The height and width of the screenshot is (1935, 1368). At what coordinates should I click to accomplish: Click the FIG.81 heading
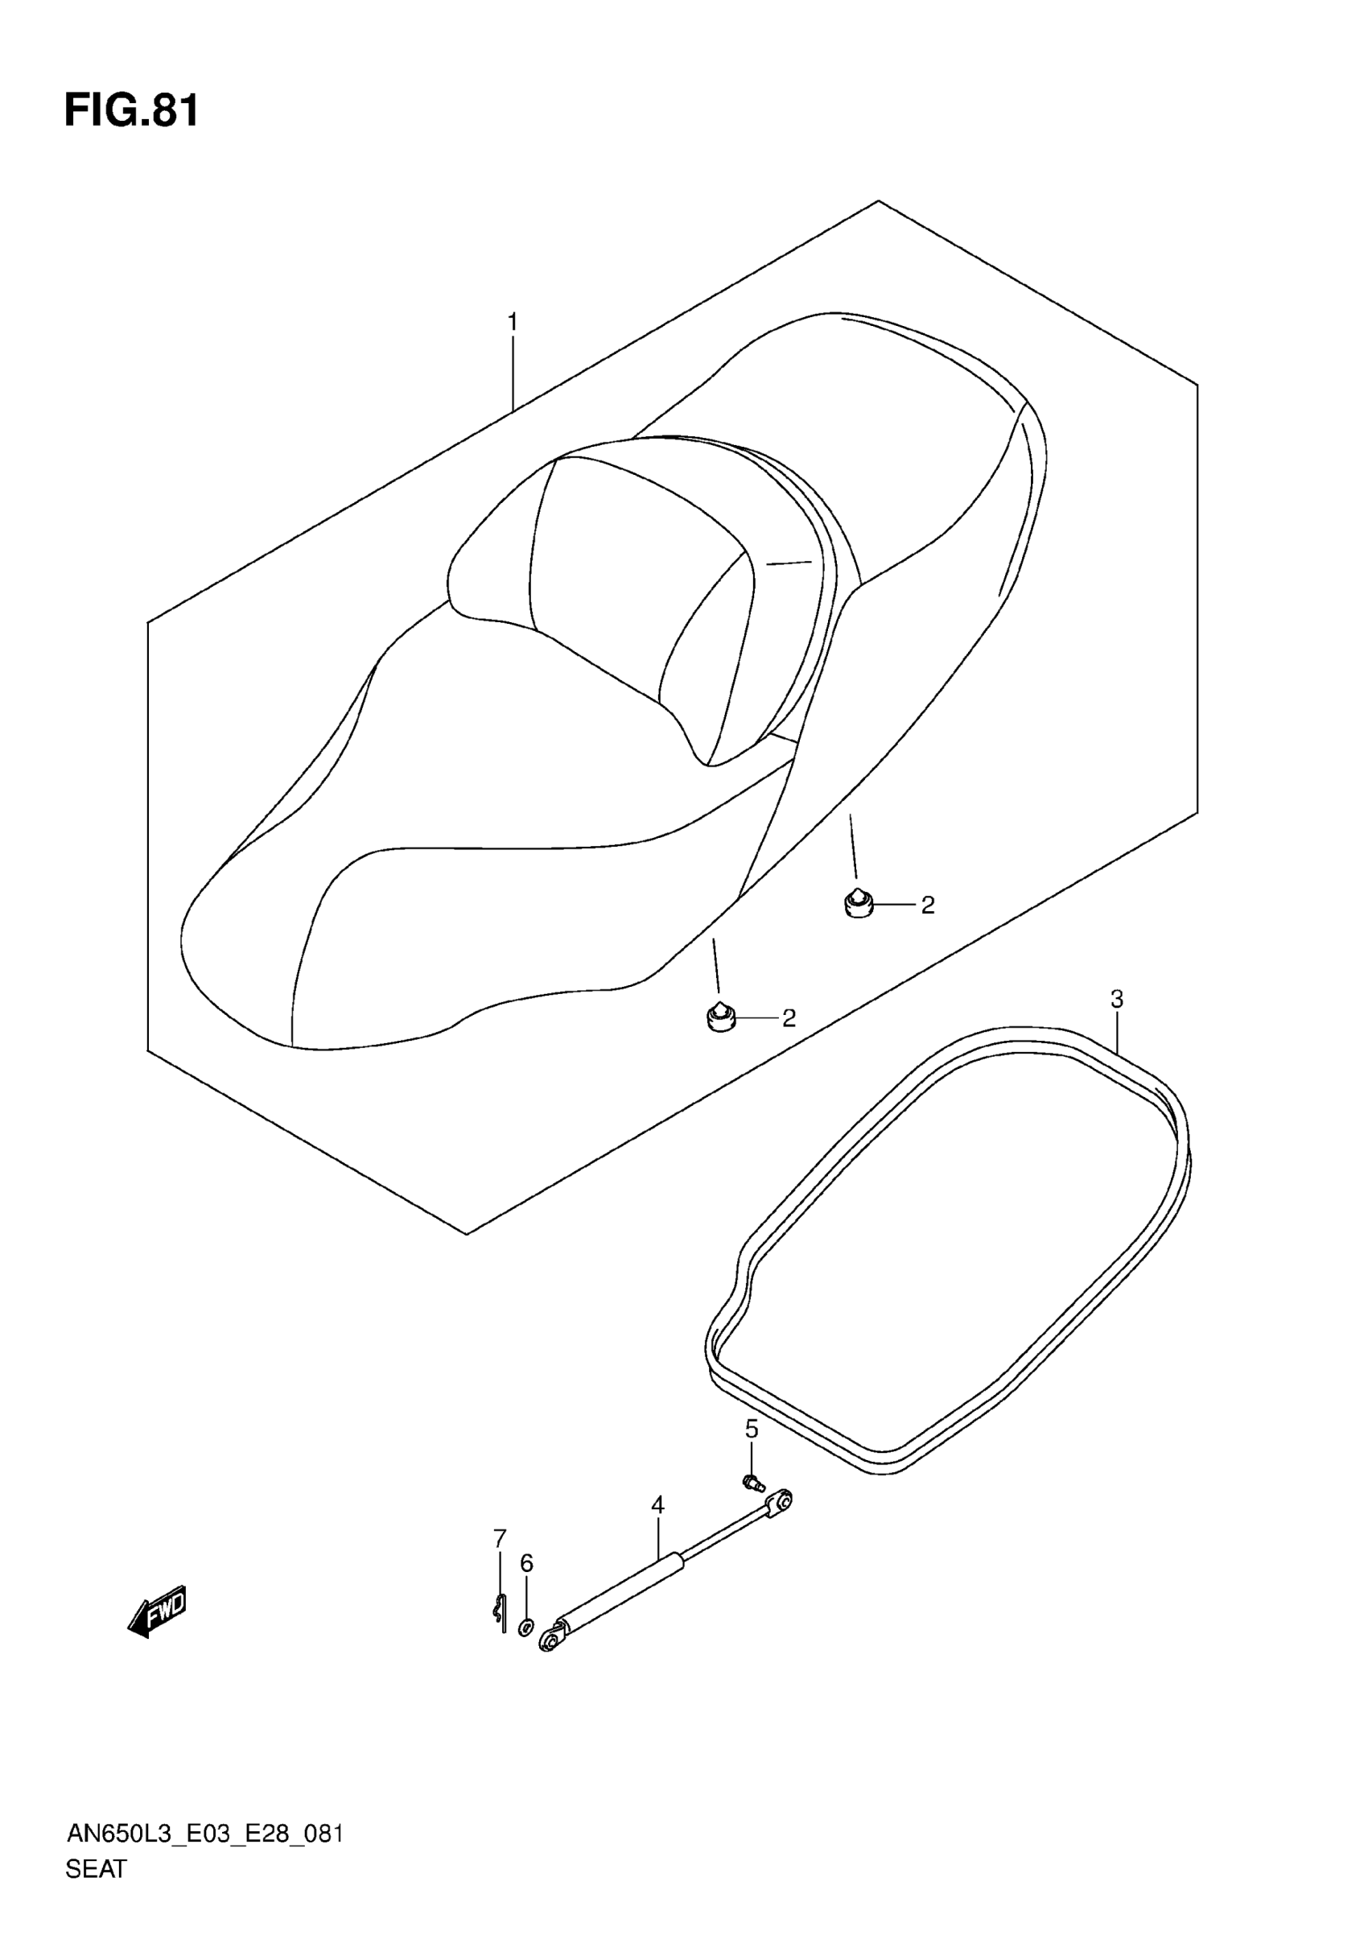(x=131, y=111)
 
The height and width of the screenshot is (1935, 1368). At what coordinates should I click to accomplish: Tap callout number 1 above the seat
(x=512, y=322)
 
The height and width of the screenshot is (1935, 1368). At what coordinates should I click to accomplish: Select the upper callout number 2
(x=928, y=906)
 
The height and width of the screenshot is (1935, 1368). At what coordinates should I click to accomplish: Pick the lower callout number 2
(x=789, y=1018)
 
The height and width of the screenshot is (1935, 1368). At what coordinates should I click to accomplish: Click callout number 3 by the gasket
(x=1117, y=1000)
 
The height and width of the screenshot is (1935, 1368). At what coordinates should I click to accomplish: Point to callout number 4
(x=658, y=1504)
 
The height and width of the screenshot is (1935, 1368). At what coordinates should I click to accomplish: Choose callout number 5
(x=752, y=1429)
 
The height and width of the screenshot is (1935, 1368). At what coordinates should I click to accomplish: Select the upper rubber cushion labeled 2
(x=859, y=903)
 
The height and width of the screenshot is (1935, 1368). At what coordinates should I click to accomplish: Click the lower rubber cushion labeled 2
(x=719, y=1017)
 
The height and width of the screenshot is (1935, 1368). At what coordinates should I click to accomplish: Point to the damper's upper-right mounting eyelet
(x=781, y=1501)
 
